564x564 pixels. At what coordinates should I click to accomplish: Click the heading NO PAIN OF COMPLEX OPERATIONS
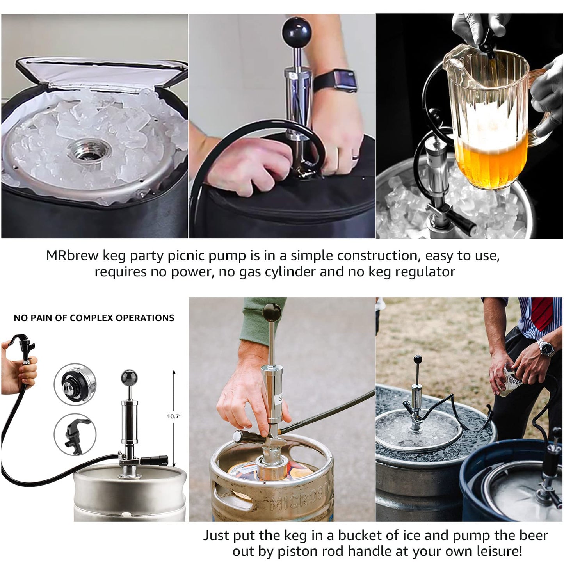(94, 318)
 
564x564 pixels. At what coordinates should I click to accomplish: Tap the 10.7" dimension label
(174, 416)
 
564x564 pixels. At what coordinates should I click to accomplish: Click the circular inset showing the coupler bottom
(75, 384)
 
